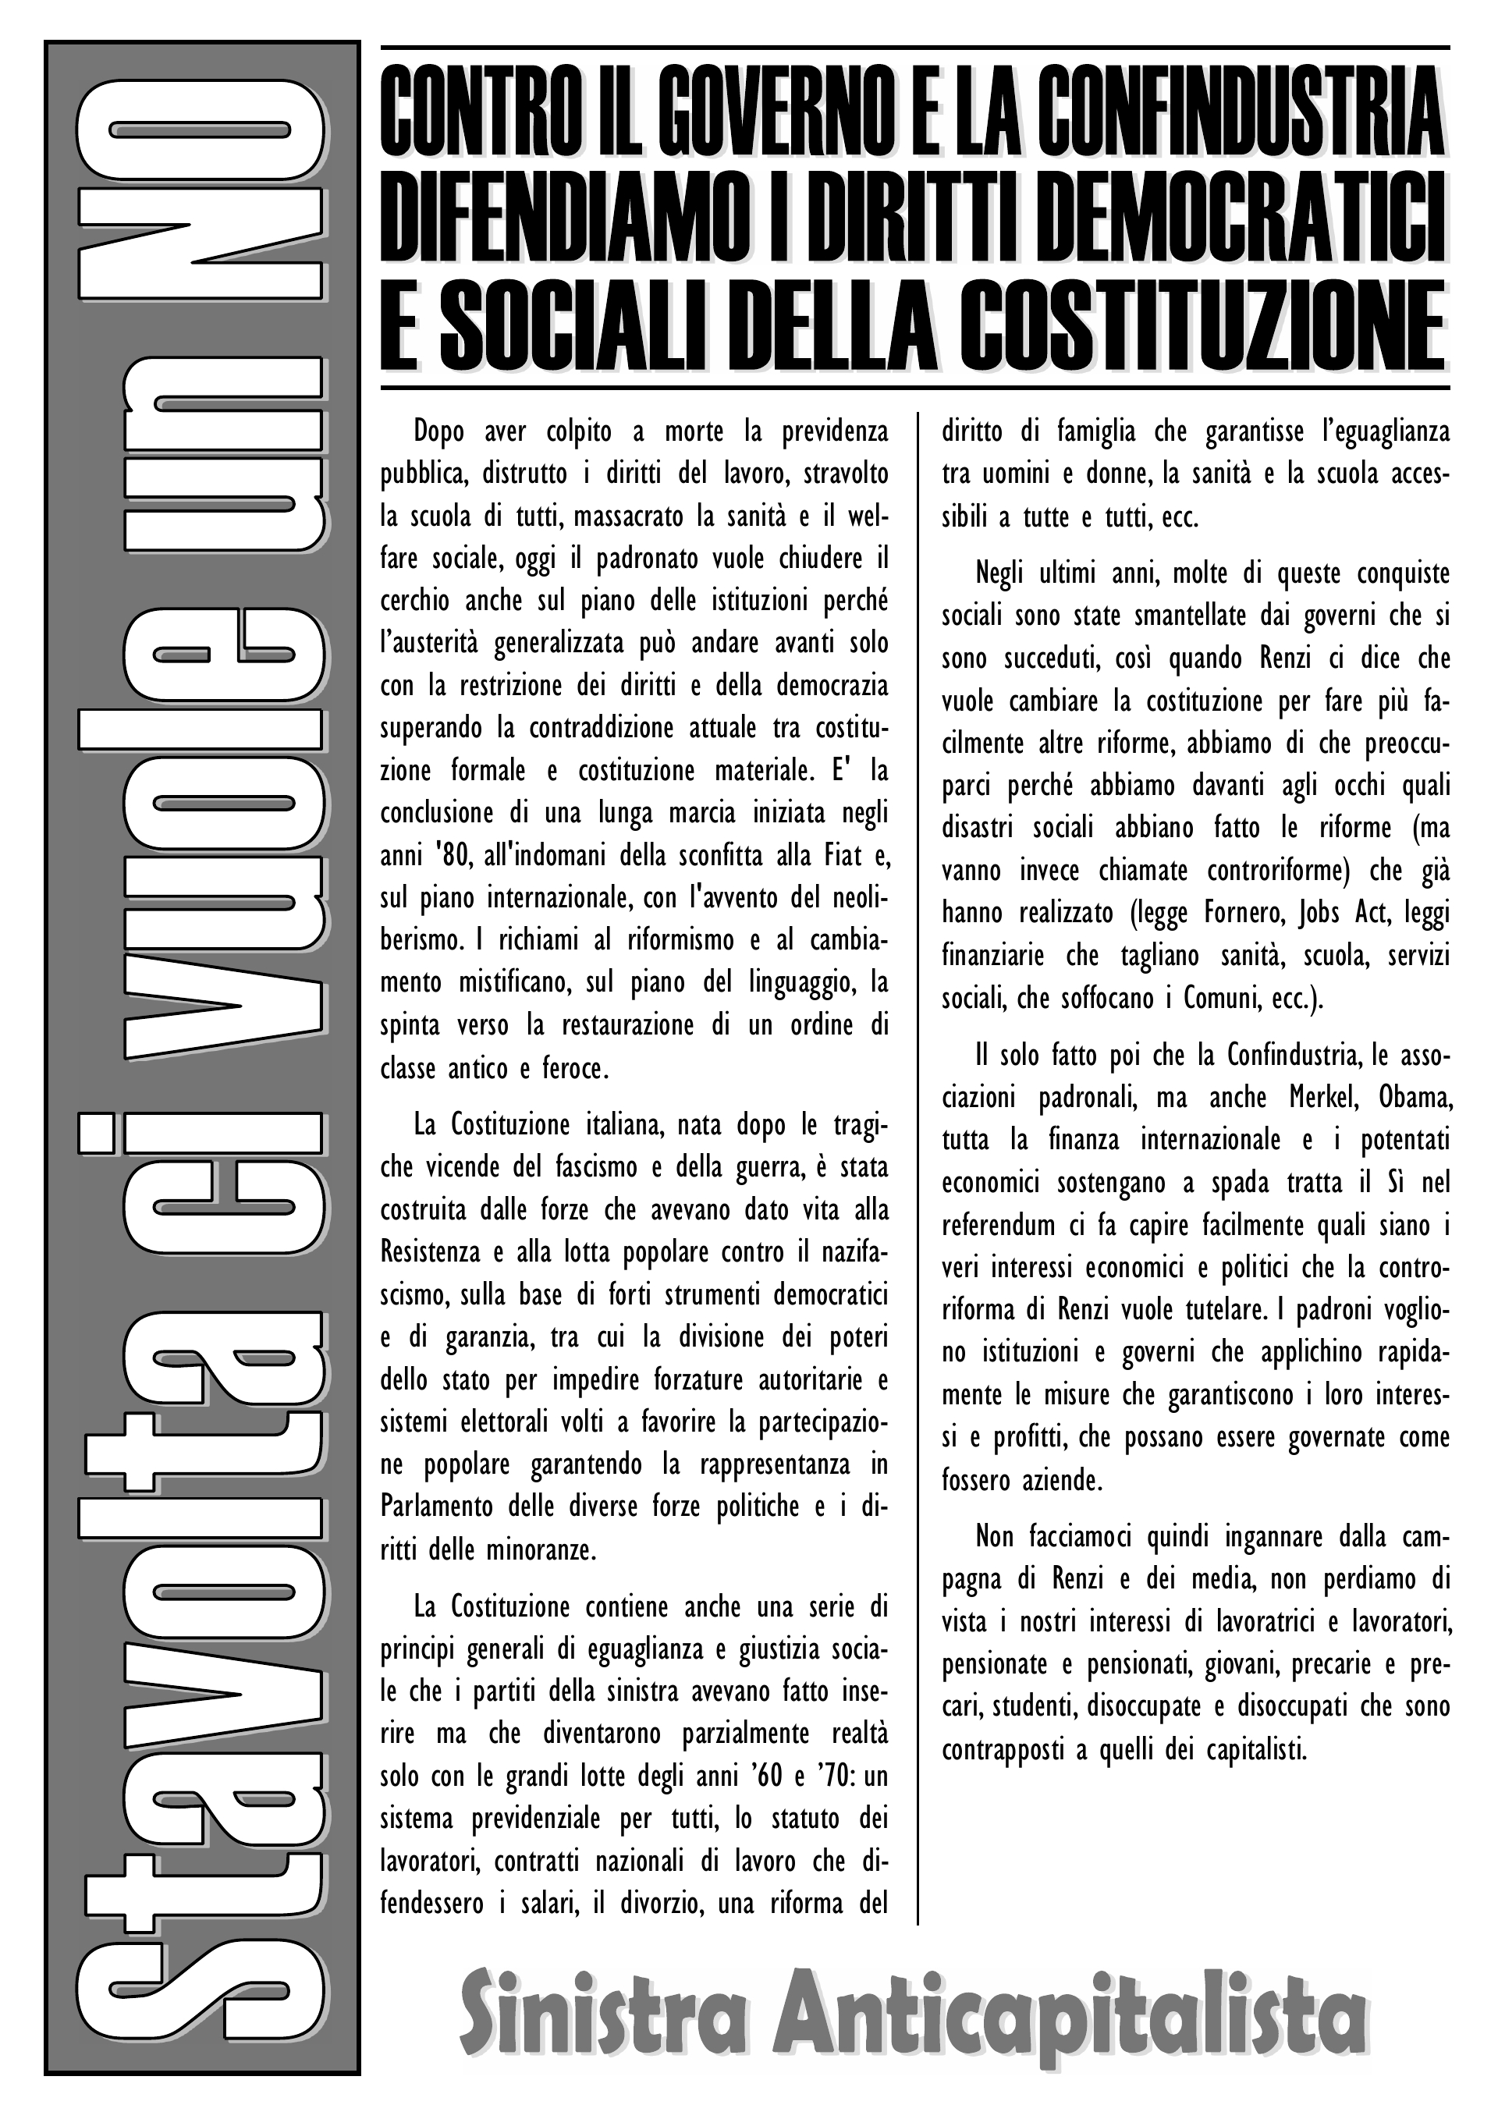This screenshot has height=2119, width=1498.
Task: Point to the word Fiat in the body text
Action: (843, 856)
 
